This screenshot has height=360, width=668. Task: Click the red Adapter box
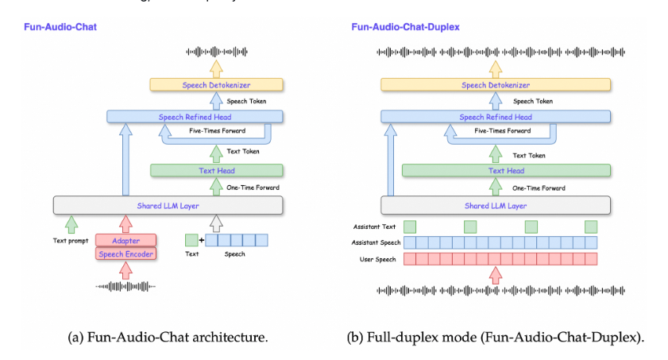click(125, 240)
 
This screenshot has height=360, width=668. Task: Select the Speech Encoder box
click(125, 254)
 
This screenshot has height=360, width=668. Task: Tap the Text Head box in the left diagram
click(216, 170)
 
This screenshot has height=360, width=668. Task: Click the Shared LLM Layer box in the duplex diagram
click(496, 205)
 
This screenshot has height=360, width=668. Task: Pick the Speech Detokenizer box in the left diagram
click(216, 85)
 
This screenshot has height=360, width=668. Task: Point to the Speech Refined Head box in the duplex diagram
click(496, 117)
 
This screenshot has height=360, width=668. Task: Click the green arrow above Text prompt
click(71, 224)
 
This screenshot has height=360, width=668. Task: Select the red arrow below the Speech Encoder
click(125, 270)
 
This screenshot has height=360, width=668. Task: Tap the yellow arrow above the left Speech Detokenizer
click(216, 68)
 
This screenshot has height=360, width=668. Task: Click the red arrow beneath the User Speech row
click(495, 275)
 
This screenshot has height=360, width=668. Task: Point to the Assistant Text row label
click(374, 226)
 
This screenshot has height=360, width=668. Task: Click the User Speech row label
click(377, 259)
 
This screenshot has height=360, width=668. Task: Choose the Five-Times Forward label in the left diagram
click(218, 131)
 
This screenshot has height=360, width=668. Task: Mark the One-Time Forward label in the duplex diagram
click(539, 188)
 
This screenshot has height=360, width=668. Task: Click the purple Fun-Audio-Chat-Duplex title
click(405, 27)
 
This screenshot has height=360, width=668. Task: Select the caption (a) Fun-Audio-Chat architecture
click(168, 337)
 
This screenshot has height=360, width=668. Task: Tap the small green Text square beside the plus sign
click(191, 240)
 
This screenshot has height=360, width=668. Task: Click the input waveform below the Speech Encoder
click(125, 286)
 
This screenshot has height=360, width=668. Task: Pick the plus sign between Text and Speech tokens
click(202, 240)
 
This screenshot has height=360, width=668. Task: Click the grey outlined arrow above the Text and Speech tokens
click(216, 223)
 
